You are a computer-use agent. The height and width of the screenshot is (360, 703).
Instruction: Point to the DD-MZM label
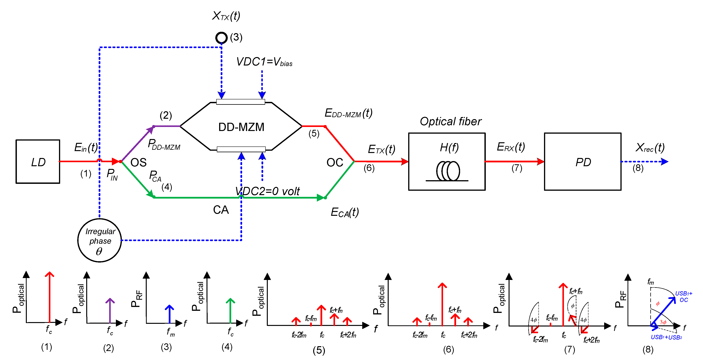click(241, 127)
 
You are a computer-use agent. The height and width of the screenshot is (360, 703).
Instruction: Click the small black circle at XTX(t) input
click(221, 38)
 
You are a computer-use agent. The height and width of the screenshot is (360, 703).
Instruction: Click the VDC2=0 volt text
click(267, 191)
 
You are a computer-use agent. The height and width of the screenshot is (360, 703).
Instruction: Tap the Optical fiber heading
click(450, 121)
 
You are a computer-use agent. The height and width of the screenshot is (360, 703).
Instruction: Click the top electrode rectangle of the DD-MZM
click(240, 102)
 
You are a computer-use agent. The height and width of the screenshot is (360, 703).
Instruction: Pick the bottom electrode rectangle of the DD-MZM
click(241, 149)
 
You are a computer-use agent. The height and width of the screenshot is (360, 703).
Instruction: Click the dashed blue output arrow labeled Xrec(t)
click(644, 162)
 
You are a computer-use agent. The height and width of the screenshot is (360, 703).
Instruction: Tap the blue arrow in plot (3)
click(169, 314)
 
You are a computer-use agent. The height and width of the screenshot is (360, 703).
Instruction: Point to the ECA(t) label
click(344, 212)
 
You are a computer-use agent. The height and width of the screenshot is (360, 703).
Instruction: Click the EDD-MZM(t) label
click(348, 113)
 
